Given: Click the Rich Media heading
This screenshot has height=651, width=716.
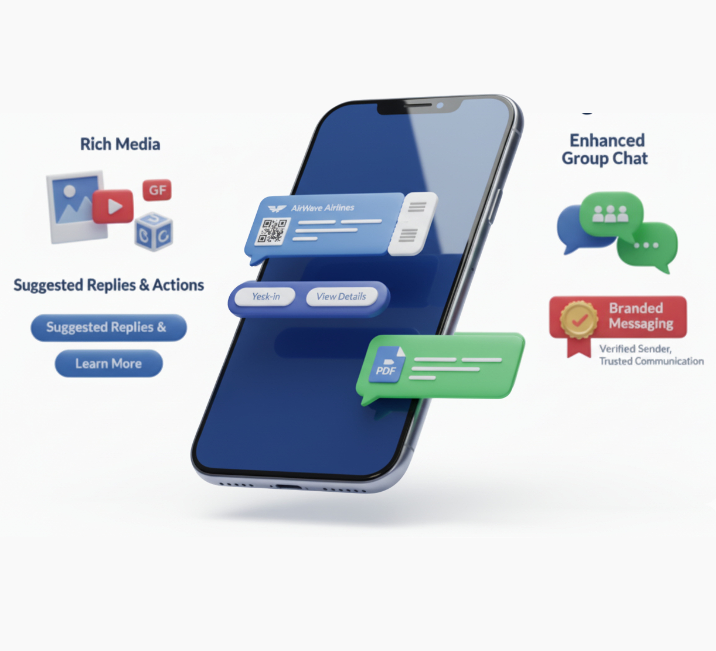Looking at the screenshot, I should pyautogui.click(x=120, y=144).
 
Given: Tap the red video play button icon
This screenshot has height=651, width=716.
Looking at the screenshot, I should pyautogui.click(x=113, y=206).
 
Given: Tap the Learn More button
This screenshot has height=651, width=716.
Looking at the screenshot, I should pyautogui.click(x=109, y=363).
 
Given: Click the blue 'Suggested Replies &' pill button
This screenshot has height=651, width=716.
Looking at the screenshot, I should pyautogui.click(x=108, y=327).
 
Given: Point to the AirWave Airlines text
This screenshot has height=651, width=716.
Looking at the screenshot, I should pyautogui.click(x=322, y=208).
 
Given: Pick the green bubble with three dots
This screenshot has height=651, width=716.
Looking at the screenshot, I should pyautogui.click(x=647, y=245).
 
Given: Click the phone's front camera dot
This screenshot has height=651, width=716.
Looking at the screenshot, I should pyautogui.click(x=440, y=106).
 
